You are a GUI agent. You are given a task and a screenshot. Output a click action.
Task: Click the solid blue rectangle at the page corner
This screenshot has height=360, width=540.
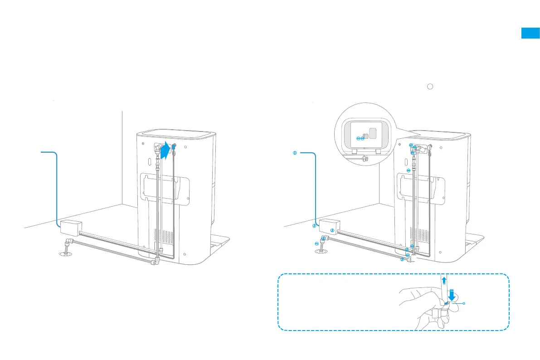click(530, 33)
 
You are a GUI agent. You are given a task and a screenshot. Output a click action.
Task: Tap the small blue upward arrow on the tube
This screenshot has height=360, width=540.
click(444, 280)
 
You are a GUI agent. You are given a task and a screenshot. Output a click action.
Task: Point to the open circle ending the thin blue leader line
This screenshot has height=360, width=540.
click(464, 304)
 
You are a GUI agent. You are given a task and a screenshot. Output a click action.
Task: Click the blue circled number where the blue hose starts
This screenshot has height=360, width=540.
click(295, 153)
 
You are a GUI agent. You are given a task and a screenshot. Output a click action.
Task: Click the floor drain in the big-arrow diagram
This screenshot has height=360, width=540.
click(66, 254)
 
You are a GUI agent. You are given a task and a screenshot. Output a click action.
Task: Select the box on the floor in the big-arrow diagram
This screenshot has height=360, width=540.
click(71, 226)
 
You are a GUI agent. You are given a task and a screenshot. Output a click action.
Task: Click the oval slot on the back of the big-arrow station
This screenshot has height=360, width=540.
click(149, 162)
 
